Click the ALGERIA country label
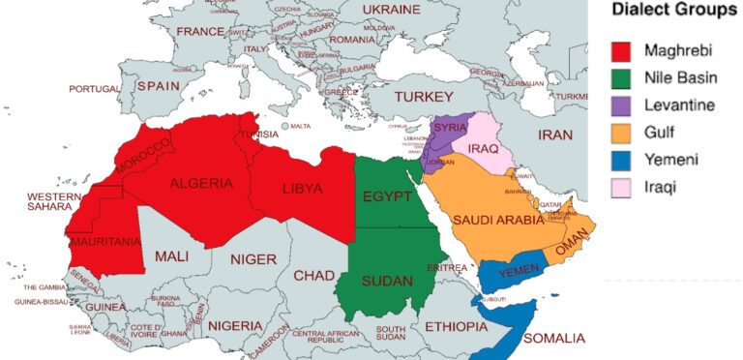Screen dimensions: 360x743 (201, 184)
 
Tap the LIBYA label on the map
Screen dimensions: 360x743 (302, 188)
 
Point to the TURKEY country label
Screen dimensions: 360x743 (424, 98)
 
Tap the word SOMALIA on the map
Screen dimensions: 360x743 (553, 338)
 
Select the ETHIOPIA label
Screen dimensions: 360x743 (457, 327)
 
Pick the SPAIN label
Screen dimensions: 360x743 (159, 85)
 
